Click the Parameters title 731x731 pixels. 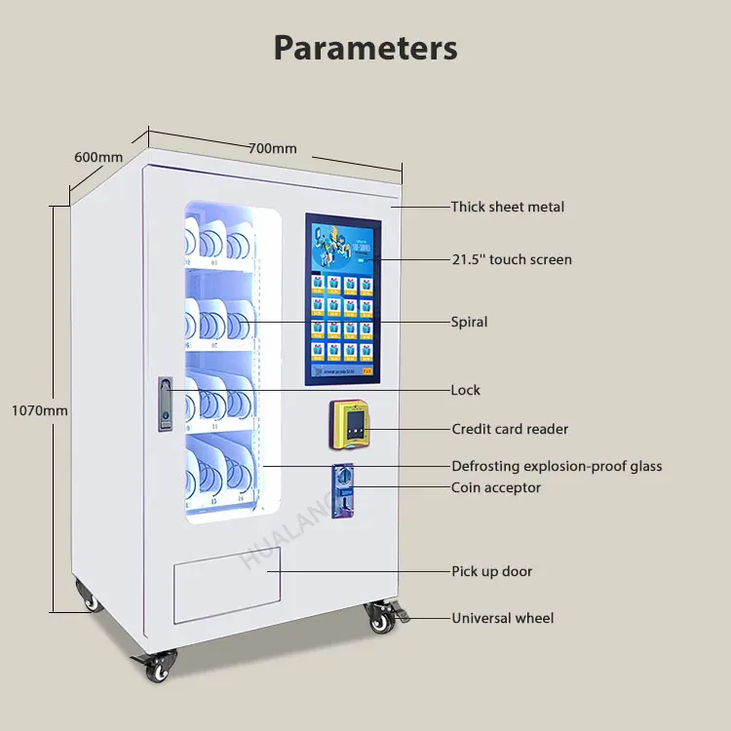[365, 47]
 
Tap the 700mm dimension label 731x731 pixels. [272, 148]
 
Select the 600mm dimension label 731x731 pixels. [98, 157]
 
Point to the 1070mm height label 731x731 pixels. [39, 410]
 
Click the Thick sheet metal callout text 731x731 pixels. [507, 207]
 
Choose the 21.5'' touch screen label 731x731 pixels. [511, 259]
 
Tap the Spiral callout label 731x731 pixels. [469, 322]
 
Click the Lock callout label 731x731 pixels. [465, 390]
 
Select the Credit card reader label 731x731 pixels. [510, 429]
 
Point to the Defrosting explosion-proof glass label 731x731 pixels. [556, 466]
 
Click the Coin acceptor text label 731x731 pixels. [495, 487]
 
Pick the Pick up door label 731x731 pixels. [491, 571]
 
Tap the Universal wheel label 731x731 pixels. [502, 618]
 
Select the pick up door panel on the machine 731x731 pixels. [227, 583]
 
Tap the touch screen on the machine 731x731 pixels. [341, 297]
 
